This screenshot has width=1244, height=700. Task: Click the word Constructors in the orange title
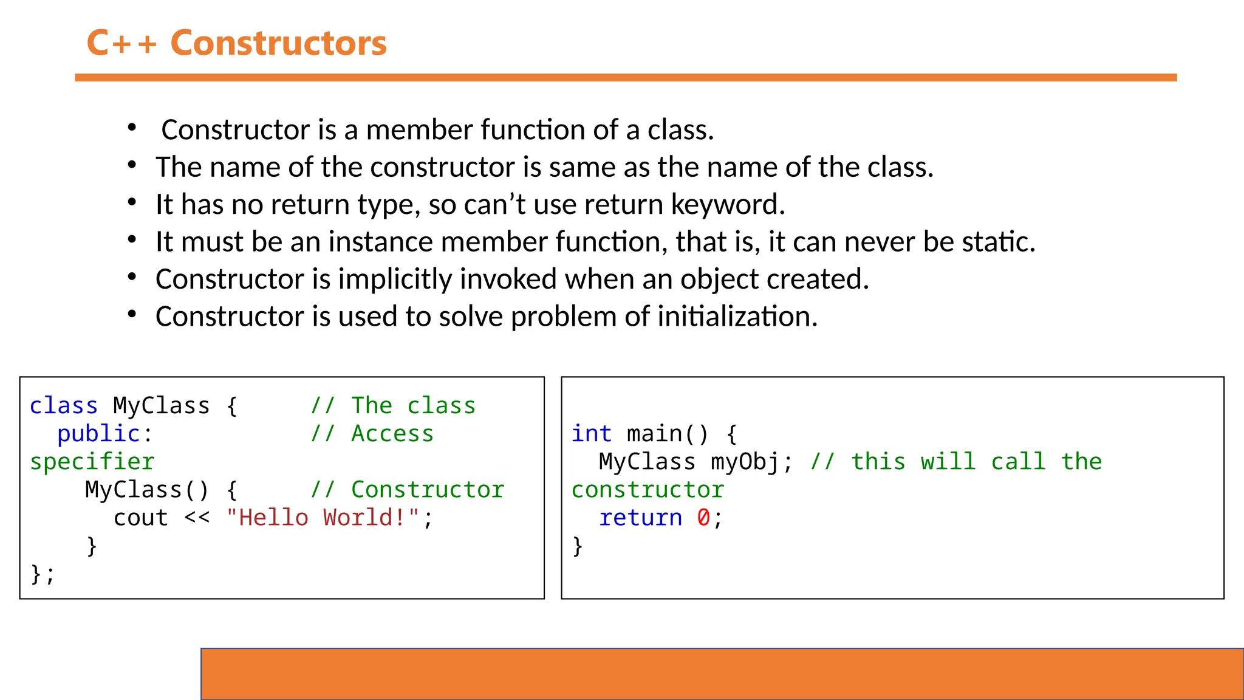(x=278, y=43)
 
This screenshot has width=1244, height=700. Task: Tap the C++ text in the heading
(x=121, y=43)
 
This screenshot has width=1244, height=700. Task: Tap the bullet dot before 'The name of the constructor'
(x=132, y=166)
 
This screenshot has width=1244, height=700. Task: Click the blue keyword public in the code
(x=98, y=434)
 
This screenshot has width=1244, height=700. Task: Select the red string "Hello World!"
(x=323, y=518)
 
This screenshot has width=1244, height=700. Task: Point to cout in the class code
(x=140, y=518)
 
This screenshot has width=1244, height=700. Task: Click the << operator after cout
(x=197, y=518)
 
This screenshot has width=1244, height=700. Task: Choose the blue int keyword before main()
(x=591, y=434)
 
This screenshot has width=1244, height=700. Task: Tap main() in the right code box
(x=667, y=434)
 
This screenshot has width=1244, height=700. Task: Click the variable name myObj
(x=745, y=462)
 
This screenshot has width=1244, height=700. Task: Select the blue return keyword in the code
(x=640, y=518)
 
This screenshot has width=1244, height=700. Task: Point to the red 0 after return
(x=703, y=518)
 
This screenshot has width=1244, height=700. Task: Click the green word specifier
(x=92, y=462)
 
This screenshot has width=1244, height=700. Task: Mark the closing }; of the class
(x=43, y=574)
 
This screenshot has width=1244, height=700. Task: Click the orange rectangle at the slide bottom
(x=722, y=674)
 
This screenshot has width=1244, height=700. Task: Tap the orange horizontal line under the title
(x=626, y=78)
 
